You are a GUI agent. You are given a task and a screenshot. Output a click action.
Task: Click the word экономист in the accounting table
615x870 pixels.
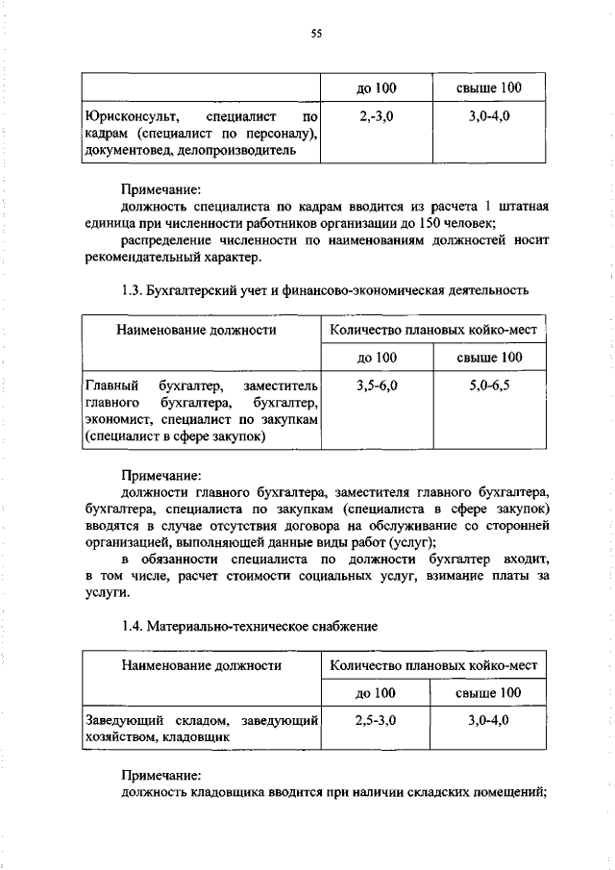coord(115,419)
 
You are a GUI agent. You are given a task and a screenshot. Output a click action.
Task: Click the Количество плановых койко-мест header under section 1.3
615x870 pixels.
coord(432,330)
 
